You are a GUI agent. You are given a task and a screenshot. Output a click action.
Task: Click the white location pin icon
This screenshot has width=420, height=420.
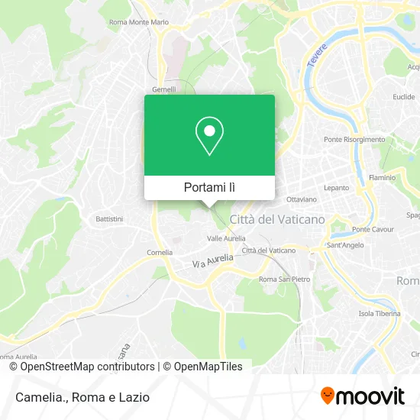(x=209, y=136)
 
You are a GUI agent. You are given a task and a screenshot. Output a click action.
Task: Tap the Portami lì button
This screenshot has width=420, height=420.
(x=209, y=187)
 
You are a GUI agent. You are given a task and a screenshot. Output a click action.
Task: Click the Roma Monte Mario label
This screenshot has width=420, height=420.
(x=138, y=22)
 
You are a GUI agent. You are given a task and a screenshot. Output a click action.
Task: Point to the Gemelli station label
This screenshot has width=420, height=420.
(x=164, y=89)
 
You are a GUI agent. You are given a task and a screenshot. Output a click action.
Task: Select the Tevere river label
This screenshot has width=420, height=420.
(x=317, y=57)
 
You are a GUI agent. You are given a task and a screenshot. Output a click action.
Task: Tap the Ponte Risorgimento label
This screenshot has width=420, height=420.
(x=354, y=140)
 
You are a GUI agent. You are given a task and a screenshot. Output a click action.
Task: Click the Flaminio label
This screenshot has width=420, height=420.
(x=382, y=176)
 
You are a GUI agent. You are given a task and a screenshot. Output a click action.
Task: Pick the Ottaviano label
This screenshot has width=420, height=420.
(x=302, y=199)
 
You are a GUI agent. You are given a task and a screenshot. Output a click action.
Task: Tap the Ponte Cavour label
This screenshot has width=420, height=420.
(x=372, y=230)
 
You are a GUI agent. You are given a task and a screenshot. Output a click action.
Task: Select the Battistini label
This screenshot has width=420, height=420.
(x=109, y=218)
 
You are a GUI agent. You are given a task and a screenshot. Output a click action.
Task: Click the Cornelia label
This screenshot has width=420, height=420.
(x=160, y=252)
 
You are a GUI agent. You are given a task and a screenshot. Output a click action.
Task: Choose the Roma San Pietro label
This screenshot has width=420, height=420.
(x=285, y=279)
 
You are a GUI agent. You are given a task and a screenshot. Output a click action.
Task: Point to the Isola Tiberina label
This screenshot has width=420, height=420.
(x=378, y=313)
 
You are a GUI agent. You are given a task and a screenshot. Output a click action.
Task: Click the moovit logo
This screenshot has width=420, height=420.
(x=363, y=396)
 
